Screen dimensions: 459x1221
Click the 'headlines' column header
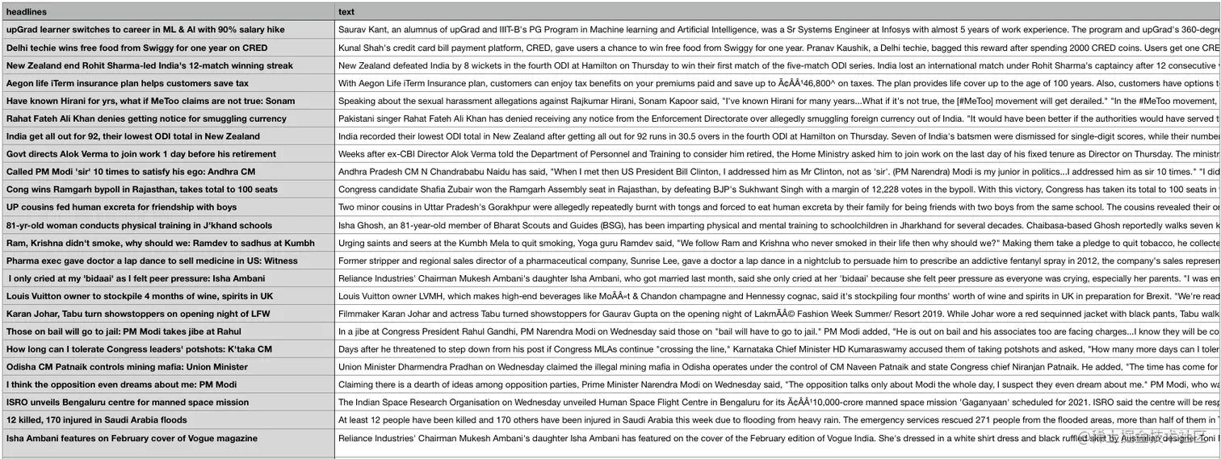tap(27, 12)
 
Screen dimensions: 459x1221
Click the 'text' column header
tap(346, 12)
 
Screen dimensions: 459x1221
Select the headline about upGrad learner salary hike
tap(145, 30)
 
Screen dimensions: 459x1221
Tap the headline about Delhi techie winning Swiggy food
tap(136, 48)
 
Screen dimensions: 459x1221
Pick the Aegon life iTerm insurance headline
tap(128, 83)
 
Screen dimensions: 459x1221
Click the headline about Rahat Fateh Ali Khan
tap(146, 119)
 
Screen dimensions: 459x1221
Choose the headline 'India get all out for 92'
tap(133, 136)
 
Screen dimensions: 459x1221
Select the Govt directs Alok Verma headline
tap(141, 154)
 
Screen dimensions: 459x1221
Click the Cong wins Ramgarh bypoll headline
tap(141, 190)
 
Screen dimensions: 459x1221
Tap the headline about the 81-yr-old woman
tap(139, 225)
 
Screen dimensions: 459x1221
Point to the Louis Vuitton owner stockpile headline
tap(140, 296)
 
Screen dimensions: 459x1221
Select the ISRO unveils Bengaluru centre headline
tap(128, 402)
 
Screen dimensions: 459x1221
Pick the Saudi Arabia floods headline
tap(97, 419)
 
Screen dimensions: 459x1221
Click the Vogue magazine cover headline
tap(132, 438)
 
